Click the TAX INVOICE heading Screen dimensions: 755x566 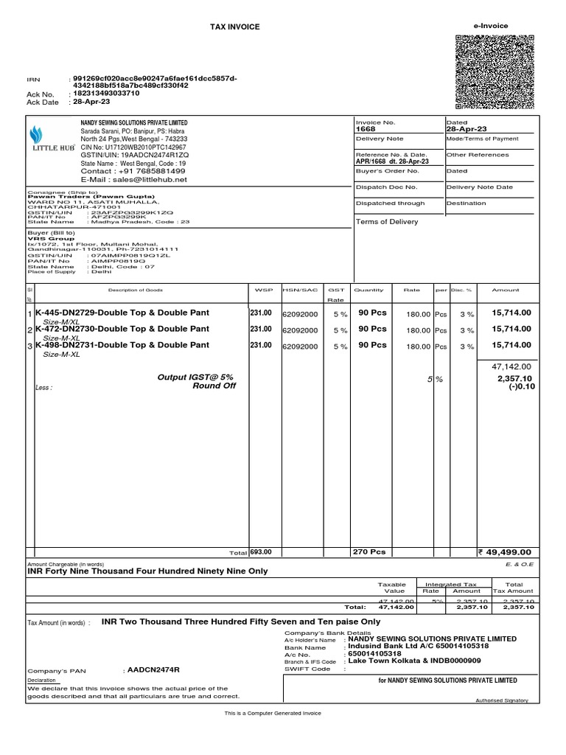(235, 27)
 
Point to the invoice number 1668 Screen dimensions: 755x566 (366, 128)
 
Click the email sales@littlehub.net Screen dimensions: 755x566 (133, 179)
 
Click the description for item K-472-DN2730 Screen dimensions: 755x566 (122, 328)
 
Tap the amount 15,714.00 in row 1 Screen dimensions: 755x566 (511, 313)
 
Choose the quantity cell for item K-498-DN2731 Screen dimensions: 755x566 (372, 345)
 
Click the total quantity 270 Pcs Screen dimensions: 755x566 (370, 552)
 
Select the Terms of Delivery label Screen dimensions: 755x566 (387, 221)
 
